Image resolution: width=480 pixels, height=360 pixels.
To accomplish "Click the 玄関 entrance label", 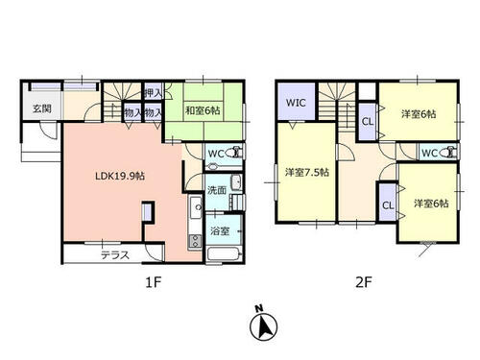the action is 42,108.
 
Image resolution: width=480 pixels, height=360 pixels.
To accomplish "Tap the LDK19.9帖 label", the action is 120,176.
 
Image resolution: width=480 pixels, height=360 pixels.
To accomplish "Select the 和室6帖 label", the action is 203,111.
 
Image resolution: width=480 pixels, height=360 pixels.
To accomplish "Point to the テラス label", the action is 115,255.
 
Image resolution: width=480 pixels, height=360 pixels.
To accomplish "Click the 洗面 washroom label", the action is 217,190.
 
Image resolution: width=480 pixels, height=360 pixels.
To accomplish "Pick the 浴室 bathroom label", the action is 220,231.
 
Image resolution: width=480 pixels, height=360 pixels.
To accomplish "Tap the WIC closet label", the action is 296,103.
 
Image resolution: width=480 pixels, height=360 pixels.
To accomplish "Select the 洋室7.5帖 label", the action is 307,173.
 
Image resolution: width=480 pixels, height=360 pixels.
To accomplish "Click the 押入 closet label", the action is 154,93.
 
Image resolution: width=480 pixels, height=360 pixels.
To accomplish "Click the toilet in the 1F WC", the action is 234,153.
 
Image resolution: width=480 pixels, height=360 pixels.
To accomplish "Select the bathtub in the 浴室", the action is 224,254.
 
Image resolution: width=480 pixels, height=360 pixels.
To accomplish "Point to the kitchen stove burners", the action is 195,241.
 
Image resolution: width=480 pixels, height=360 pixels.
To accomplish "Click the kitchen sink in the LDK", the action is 196,206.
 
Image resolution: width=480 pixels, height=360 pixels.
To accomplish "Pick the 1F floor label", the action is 153,282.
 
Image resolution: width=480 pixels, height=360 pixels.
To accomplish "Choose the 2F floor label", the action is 364,282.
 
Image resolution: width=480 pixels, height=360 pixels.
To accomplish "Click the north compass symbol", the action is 264,324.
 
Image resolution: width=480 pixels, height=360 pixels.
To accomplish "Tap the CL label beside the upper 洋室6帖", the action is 368,122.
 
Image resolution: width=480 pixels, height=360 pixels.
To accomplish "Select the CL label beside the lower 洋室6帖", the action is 388,205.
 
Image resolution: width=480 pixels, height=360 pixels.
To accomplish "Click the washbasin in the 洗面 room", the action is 236,182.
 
